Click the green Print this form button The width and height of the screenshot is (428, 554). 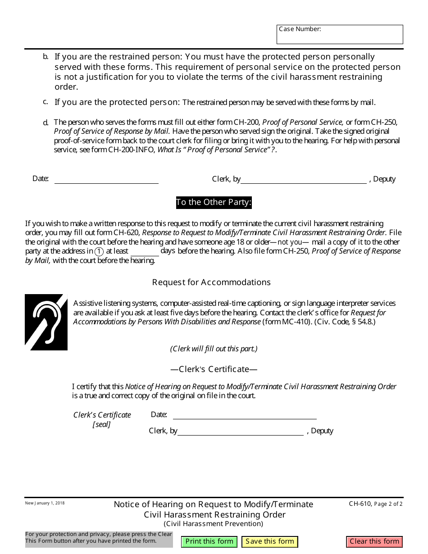tap(209, 541)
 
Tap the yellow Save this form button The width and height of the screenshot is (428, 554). tap(270, 541)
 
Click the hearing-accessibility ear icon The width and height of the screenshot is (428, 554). tap(46, 322)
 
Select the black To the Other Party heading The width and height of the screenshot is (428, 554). tap(214, 202)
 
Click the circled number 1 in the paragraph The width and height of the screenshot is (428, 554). tap(100, 251)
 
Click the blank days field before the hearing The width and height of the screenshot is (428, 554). tap(145, 251)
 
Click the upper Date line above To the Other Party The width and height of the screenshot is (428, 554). tap(106, 179)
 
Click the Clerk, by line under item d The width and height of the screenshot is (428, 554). tap(304, 179)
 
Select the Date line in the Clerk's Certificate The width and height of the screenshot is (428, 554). tap(245, 415)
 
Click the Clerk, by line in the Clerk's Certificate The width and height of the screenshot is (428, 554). tap(241, 431)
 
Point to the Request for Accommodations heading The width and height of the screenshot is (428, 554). tap(211, 282)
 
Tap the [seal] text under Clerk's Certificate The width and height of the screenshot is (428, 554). tap(102, 424)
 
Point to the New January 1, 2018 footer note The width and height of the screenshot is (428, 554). tap(45, 503)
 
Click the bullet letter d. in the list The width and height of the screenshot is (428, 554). tap(46, 123)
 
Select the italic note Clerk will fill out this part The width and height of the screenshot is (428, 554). tap(214, 349)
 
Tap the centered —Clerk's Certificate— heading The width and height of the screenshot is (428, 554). tap(214, 369)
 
